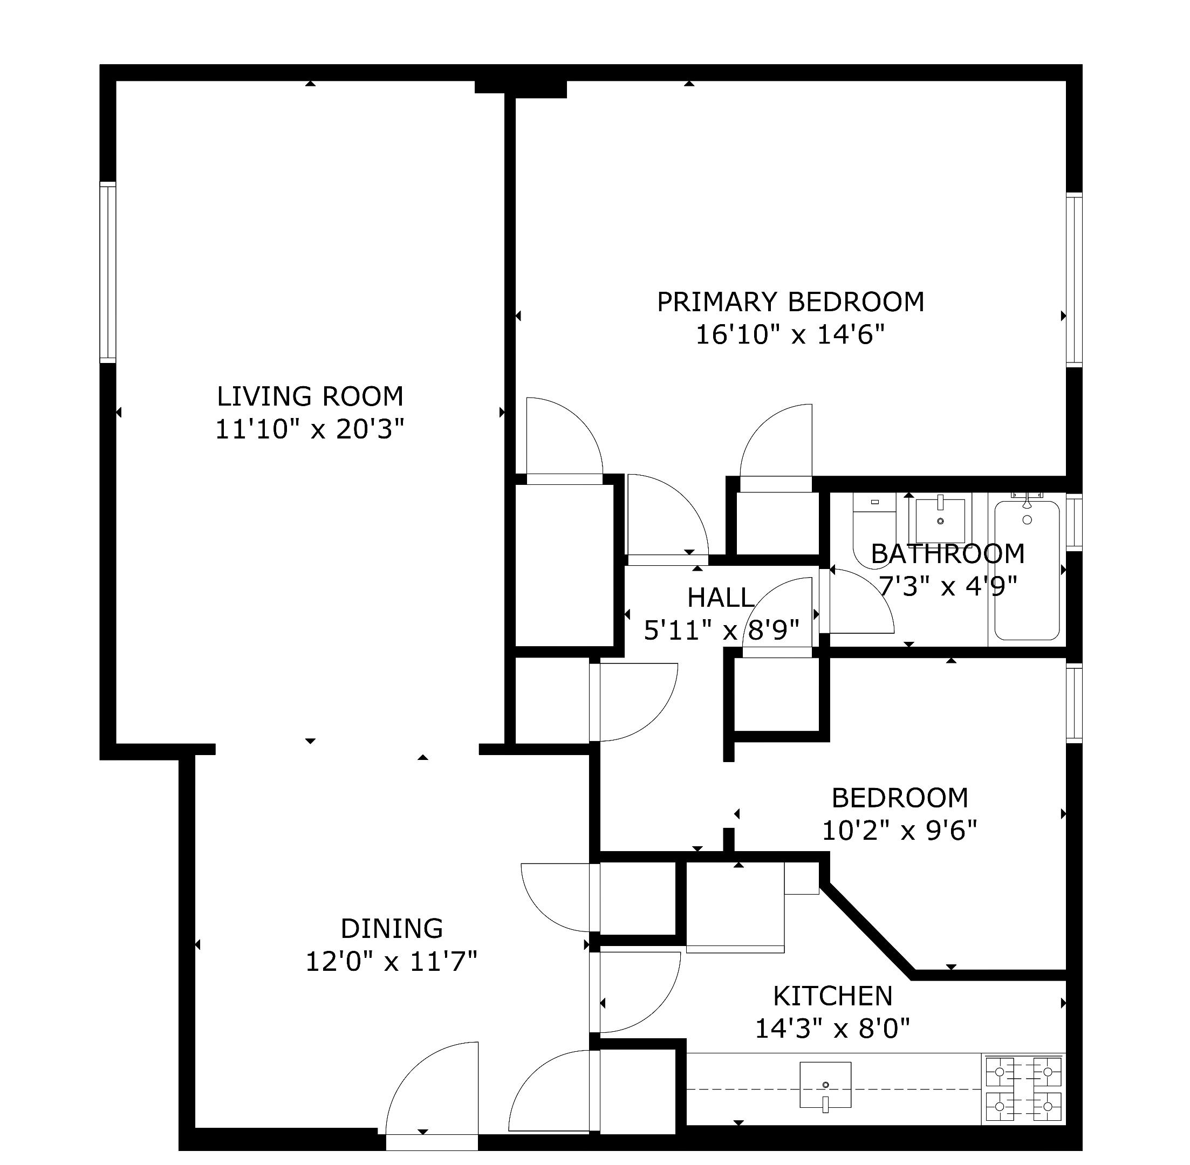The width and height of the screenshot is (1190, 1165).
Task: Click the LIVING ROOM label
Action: (x=310, y=396)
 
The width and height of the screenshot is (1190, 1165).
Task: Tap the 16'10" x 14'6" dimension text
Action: (x=790, y=335)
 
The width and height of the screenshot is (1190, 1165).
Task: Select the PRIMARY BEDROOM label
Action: (x=790, y=301)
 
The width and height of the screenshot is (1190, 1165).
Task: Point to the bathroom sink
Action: (x=940, y=519)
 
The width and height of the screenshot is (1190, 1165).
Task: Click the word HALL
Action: (x=720, y=598)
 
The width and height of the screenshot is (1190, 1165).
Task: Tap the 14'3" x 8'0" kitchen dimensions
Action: (x=833, y=1029)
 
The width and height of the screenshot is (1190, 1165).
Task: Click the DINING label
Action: (x=392, y=929)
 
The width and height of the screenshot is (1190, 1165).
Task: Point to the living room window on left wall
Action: (x=108, y=272)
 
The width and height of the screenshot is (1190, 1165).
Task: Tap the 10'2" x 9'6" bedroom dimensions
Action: (x=899, y=831)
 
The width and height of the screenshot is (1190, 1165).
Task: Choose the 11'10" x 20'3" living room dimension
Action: (x=310, y=429)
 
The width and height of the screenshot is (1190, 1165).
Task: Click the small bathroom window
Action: (x=1074, y=522)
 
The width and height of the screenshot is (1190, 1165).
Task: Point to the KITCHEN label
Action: (x=833, y=996)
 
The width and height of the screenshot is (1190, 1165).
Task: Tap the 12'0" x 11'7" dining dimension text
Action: (x=391, y=962)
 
